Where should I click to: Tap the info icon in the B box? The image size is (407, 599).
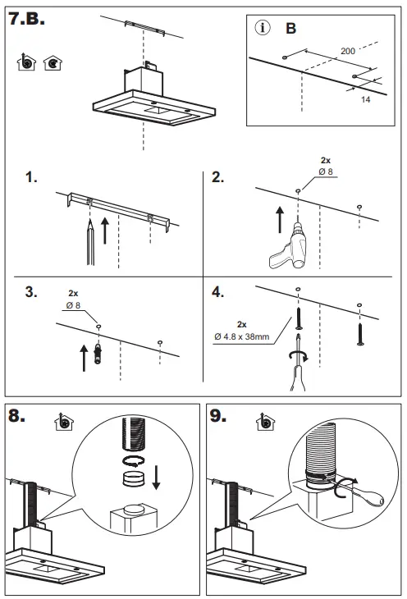(263, 28)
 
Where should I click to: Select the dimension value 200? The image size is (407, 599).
(347, 52)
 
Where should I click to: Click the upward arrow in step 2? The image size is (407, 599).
(279, 222)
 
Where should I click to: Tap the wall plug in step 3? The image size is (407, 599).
(98, 354)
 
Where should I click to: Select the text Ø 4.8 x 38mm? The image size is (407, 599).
(241, 335)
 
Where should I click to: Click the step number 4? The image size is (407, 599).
(217, 292)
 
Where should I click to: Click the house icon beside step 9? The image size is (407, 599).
(264, 421)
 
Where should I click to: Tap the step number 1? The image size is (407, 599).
(31, 176)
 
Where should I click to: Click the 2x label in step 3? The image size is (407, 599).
(73, 293)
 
